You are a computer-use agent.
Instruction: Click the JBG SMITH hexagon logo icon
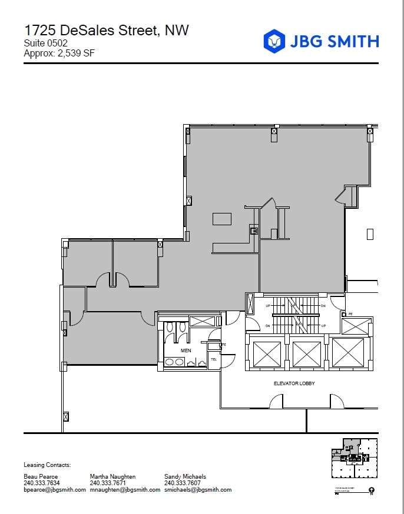[273, 41]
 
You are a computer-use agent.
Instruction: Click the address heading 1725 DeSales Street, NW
[106, 30]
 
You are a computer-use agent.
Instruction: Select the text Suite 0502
[45, 44]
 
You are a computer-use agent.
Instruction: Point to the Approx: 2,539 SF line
[59, 54]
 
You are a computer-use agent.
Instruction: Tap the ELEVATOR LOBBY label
[294, 383]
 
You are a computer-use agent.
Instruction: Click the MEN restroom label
[186, 351]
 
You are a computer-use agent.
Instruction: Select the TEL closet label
[214, 359]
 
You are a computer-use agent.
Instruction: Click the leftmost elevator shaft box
[266, 354]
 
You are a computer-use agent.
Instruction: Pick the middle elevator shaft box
[306, 354]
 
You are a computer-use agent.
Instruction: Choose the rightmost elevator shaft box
[347, 354]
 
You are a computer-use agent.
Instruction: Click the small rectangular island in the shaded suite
[222, 219]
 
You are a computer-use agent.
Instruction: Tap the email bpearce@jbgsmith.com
[55, 489]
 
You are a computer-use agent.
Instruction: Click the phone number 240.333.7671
[108, 483]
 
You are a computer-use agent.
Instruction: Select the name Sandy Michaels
[185, 476]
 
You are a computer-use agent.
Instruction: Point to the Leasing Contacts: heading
[47, 465]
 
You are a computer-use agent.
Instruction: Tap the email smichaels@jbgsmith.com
[198, 489]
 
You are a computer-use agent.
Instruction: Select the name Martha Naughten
[112, 476]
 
